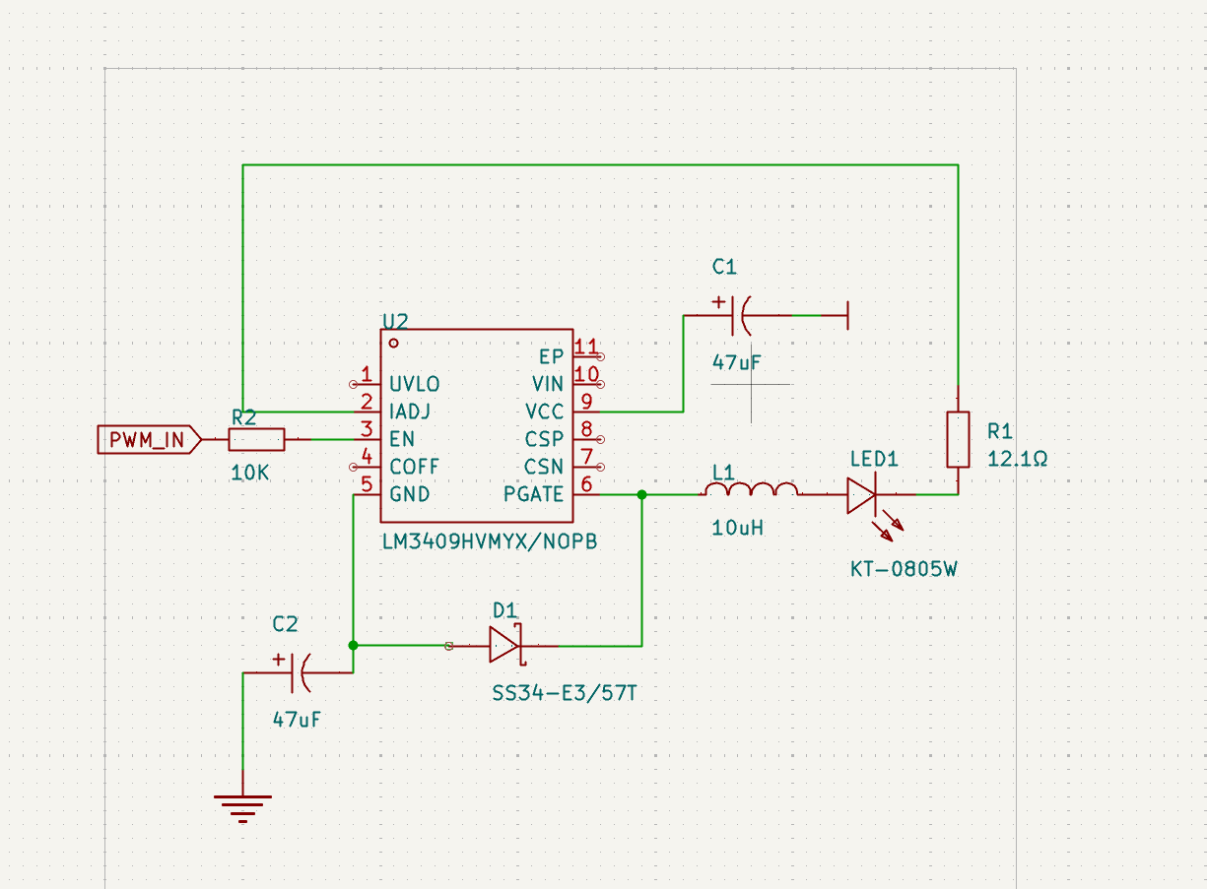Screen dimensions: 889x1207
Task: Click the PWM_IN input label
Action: click(x=149, y=440)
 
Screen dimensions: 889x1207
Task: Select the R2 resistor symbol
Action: click(x=256, y=439)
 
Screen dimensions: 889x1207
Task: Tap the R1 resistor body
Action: click(x=958, y=439)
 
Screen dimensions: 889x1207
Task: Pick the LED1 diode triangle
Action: click(x=860, y=495)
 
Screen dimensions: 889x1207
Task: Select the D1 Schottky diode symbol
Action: click(x=504, y=646)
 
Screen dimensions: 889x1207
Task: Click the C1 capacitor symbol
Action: click(x=740, y=315)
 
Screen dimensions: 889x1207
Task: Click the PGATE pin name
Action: click(x=533, y=494)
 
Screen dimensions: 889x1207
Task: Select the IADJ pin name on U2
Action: click(x=409, y=412)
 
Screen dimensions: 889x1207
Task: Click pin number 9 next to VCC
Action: click(x=586, y=402)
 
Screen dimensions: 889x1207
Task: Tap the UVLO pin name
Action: click(x=415, y=384)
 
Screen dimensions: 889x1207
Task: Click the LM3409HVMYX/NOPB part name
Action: click(x=489, y=542)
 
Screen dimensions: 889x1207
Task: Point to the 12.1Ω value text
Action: click(x=1016, y=459)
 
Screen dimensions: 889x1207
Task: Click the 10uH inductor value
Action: click(x=737, y=528)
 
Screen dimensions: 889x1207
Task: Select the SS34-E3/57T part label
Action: click(x=565, y=694)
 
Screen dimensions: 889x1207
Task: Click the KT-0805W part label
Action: click(x=904, y=569)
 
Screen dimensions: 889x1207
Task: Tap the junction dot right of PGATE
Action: click(x=641, y=495)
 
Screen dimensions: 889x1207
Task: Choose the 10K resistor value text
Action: click(x=250, y=473)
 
